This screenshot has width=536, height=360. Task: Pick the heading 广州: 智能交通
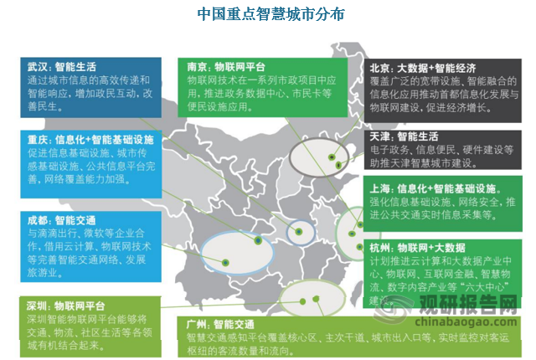click(216, 322)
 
